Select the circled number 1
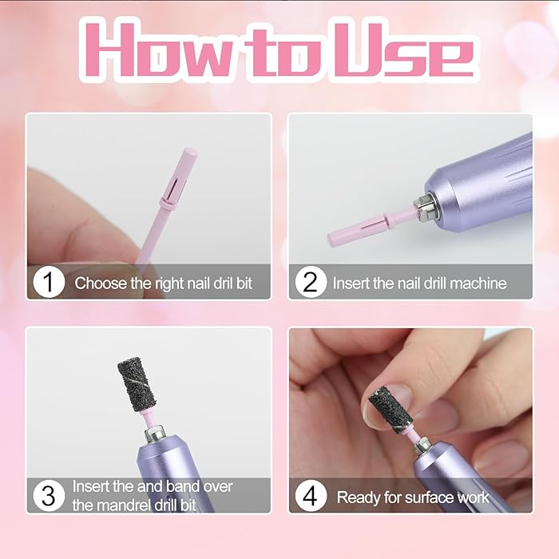(x=49, y=283)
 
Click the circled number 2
(x=310, y=283)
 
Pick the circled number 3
(x=49, y=496)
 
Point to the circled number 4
(x=310, y=496)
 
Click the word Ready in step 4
(x=359, y=498)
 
